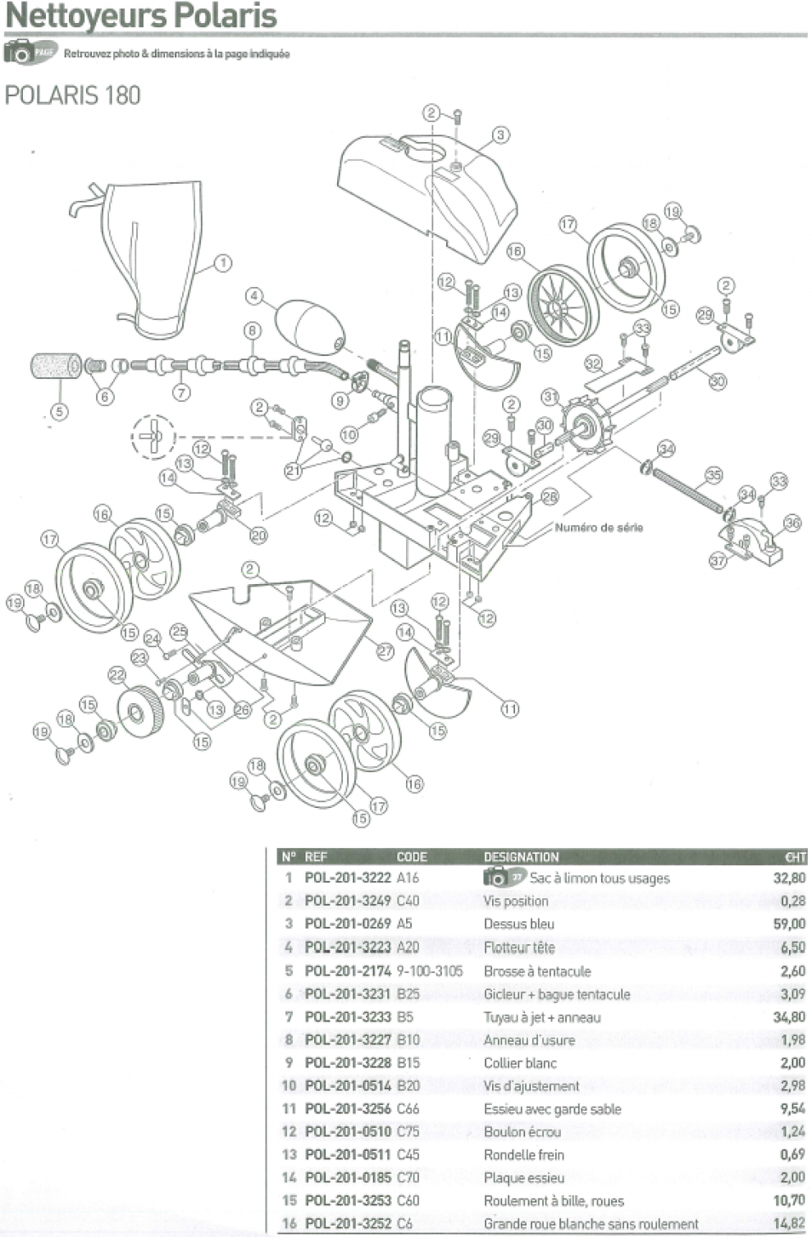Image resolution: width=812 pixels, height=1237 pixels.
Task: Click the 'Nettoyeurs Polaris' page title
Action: click(141, 16)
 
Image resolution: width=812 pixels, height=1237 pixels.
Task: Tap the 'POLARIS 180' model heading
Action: click(72, 95)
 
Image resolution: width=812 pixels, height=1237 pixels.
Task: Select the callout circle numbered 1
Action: click(221, 263)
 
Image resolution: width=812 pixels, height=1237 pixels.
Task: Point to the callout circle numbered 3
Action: click(500, 135)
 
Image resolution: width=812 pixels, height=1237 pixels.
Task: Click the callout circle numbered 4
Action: click(255, 295)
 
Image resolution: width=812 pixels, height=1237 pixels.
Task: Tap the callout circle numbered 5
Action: click(59, 412)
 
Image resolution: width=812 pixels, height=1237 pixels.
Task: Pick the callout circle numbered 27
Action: click(385, 650)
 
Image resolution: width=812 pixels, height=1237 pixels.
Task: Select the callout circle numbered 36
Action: click(791, 523)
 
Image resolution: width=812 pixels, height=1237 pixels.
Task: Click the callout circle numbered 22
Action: click(117, 675)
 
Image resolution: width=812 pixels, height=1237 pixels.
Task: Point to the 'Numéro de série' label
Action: click(599, 527)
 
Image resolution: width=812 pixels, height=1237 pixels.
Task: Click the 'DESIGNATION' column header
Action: click(521, 857)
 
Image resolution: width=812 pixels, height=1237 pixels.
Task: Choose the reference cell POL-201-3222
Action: click(348, 878)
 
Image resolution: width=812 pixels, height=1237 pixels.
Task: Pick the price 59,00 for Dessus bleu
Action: click(789, 924)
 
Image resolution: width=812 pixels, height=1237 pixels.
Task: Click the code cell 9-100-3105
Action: click(429, 970)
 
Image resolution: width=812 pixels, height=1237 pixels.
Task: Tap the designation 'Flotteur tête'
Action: click(518, 947)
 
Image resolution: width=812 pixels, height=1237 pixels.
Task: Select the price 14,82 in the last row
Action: click(789, 1223)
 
